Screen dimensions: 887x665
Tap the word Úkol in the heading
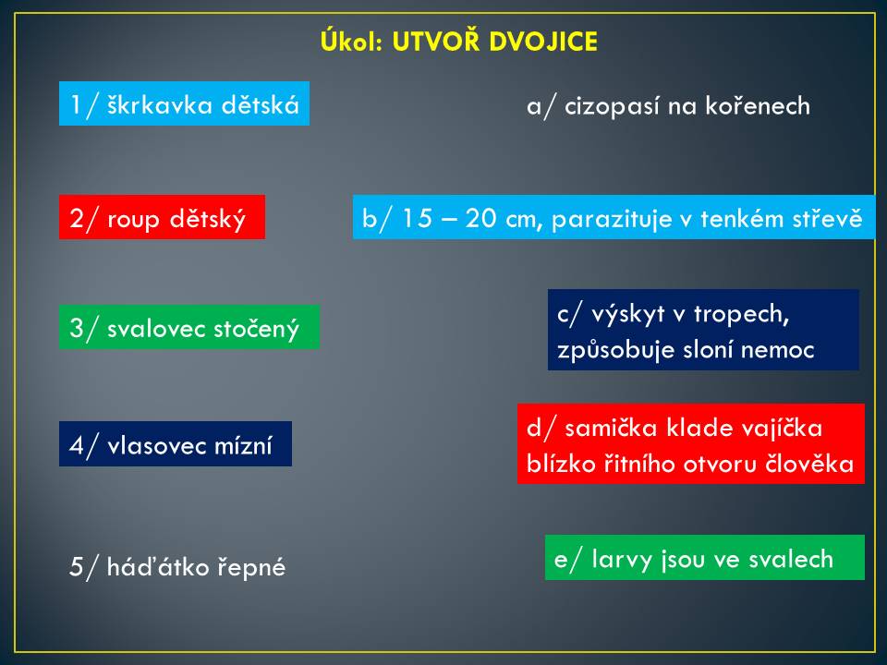coord(352,41)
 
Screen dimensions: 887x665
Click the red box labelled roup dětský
coord(162,217)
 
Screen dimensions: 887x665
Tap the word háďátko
coord(158,566)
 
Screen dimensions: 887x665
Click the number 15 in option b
coord(417,218)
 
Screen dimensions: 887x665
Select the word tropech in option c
coord(741,314)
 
